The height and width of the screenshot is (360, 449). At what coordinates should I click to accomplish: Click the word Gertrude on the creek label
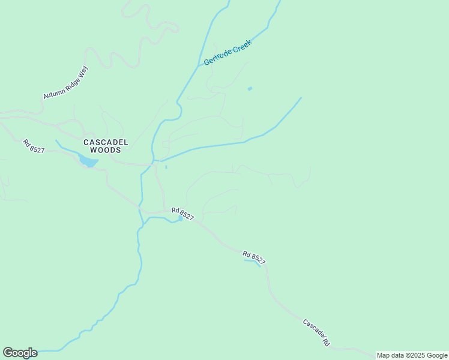click(x=218, y=57)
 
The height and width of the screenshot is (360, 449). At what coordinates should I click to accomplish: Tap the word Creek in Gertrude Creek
click(x=242, y=46)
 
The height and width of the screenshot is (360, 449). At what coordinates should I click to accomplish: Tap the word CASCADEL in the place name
click(x=106, y=142)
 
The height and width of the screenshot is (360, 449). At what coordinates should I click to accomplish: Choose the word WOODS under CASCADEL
click(x=106, y=150)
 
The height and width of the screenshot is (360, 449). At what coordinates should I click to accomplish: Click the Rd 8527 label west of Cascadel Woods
click(x=34, y=146)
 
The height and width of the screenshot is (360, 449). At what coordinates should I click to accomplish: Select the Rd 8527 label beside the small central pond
click(x=182, y=214)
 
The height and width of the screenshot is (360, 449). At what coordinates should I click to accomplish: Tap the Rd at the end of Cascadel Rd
click(x=326, y=343)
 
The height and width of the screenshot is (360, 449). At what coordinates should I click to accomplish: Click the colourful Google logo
click(x=20, y=353)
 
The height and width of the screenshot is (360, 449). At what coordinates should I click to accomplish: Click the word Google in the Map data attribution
click(x=437, y=355)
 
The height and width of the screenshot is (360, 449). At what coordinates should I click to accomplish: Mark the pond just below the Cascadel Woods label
click(x=88, y=161)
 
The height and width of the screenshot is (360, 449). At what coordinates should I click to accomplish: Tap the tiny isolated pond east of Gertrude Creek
click(x=250, y=89)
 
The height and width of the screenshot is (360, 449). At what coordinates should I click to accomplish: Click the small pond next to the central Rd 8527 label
click(x=180, y=218)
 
